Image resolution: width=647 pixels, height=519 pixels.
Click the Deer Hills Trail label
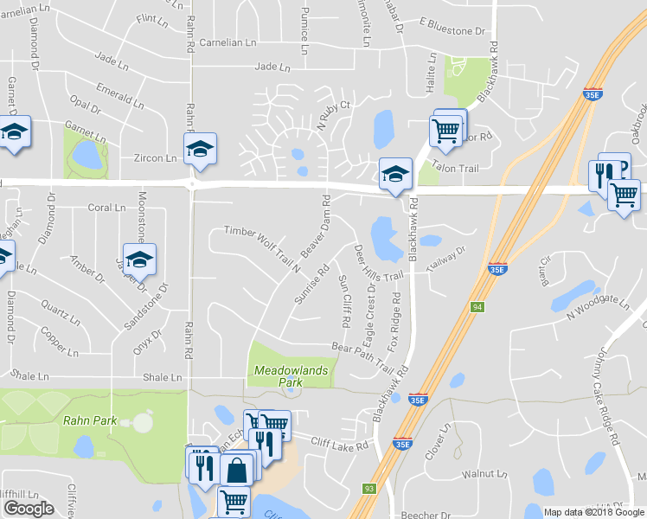coord(379,262)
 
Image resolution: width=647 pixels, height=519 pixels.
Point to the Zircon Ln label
coord(155,158)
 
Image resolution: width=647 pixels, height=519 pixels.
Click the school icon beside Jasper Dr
coord(138,259)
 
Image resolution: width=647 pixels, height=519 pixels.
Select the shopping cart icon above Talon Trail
coord(445,131)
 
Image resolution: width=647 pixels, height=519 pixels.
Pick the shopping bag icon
coord(236,471)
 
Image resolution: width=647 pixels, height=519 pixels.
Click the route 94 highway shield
coord(477,307)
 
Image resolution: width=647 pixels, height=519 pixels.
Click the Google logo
coord(29,509)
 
